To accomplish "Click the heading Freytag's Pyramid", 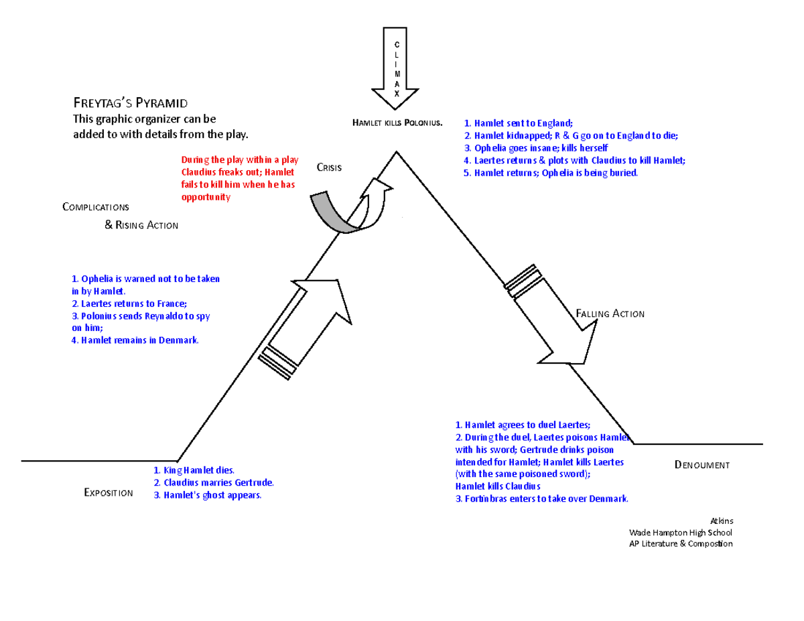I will tap(130, 103).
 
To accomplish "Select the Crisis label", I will tap(330, 167).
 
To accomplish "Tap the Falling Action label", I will tap(610, 314).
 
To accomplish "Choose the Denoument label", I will tap(701, 465).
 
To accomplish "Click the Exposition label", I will tap(108, 493).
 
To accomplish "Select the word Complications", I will tap(95, 206).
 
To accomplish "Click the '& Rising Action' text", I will tap(141, 225).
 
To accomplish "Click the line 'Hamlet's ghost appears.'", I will tap(208, 496).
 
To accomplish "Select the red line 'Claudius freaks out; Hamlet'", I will tap(237, 172).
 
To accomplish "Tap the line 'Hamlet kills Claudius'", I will tap(497, 486).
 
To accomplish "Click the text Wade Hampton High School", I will tap(680, 533).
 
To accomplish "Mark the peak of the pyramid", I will tap(397, 152).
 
